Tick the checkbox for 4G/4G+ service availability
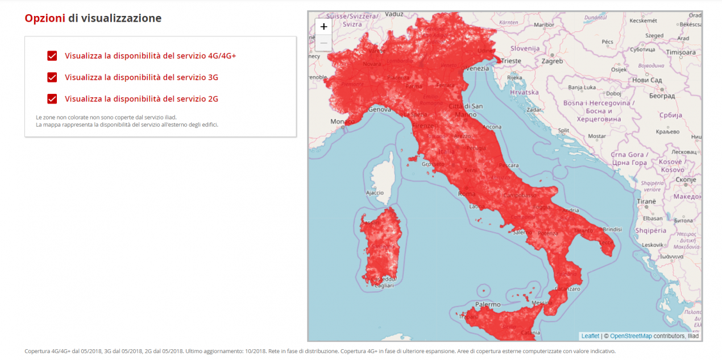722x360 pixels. tap(52, 56)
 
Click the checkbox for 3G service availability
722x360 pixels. tap(52, 77)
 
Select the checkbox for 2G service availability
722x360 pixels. tap(52, 99)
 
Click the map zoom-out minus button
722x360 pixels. tap(323, 43)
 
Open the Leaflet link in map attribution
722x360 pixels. tap(590, 336)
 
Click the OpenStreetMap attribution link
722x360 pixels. tap(631, 336)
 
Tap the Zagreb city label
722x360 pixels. tap(552, 61)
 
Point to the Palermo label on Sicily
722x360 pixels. tap(488, 304)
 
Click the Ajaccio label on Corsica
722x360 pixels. tap(375, 193)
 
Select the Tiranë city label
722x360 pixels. tap(646, 201)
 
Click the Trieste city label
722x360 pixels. tap(511, 61)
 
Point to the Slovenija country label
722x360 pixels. tap(525, 48)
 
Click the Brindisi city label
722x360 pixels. tap(612, 229)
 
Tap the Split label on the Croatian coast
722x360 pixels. tap(563, 130)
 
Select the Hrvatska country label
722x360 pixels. tap(524, 92)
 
